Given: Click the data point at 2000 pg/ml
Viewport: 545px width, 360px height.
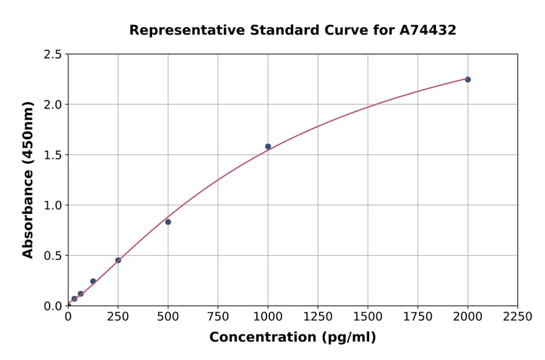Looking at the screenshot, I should (467, 79).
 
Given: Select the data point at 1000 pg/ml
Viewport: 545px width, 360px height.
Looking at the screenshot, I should (268, 147).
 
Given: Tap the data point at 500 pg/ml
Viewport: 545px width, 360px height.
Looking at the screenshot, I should (168, 222).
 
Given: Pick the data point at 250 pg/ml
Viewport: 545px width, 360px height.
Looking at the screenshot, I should (118, 261).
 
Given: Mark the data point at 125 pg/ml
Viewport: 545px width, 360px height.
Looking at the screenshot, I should (93, 281).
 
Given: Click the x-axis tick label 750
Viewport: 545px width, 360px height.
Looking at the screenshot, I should (218, 317).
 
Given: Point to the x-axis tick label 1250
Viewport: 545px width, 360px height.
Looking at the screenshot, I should (318, 317).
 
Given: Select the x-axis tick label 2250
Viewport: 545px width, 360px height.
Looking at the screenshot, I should (518, 317).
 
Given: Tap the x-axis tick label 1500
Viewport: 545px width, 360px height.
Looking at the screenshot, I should (368, 317).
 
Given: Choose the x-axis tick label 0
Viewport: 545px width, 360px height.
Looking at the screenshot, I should (68, 317).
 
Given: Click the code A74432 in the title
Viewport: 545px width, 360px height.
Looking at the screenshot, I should (428, 30).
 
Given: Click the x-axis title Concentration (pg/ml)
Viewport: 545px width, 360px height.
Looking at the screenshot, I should (292, 338).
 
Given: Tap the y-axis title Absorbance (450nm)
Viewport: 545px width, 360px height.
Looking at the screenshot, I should (28, 180).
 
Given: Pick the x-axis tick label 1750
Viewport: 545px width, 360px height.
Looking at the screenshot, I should (418, 317).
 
